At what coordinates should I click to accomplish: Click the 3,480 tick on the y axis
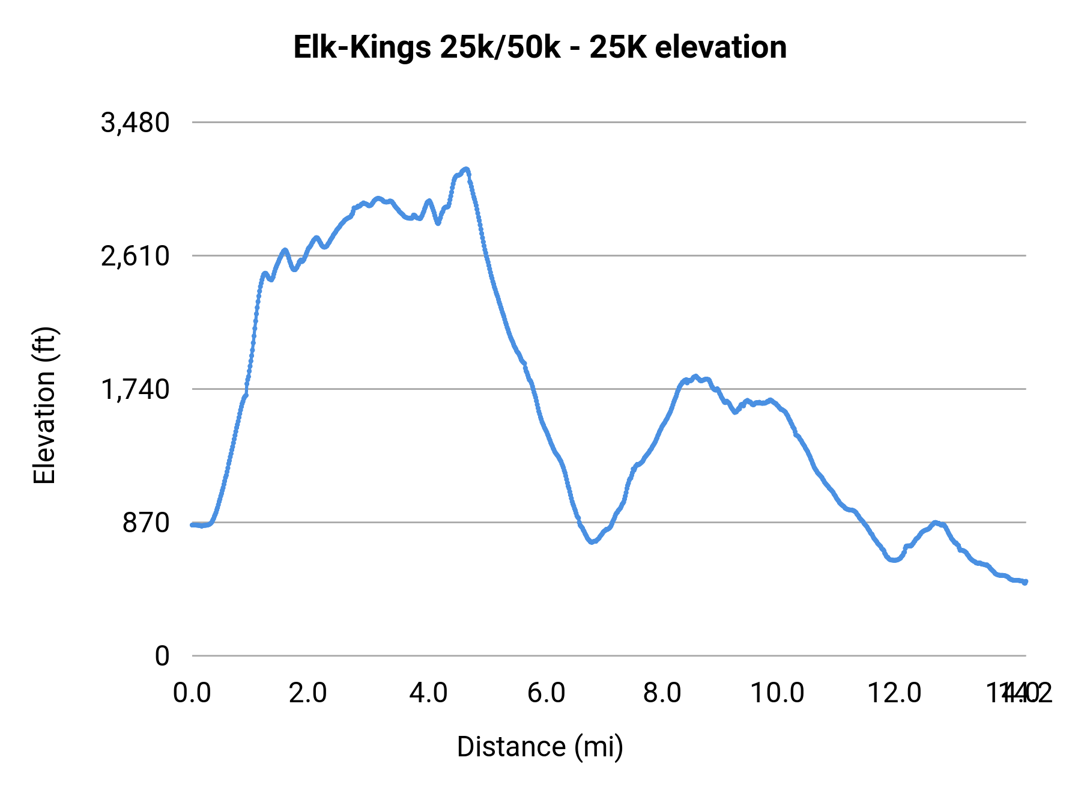[x=135, y=123]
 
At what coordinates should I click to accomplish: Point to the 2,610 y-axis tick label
[x=135, y=257]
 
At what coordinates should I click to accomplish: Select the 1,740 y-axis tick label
[x=135, y=390]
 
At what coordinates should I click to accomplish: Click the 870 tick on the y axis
[x=147, y=523]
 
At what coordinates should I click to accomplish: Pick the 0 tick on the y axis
[x=162, y=656]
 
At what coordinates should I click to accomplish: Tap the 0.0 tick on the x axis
[x=192, y=693]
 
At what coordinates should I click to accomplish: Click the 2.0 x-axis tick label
[x=307, y=693]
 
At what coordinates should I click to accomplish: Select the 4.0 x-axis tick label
[x=428, y=693]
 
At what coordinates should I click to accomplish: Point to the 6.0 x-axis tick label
[x=547, y=693]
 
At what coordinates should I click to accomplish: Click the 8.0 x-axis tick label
[x=662, y=693]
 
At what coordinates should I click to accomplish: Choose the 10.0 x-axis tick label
[x=777, y=693]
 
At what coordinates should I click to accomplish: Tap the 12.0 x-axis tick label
[x=894, y=693]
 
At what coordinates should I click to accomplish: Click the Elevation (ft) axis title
[x=44, y=405]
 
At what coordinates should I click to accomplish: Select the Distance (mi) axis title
[x=540, y=747]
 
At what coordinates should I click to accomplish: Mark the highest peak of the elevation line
[x=465, y=169]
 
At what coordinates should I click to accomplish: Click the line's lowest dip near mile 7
[x=593, y=542]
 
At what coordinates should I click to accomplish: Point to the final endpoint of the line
[x=1025, y=582]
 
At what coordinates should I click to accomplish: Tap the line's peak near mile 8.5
[x=695, y=377]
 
